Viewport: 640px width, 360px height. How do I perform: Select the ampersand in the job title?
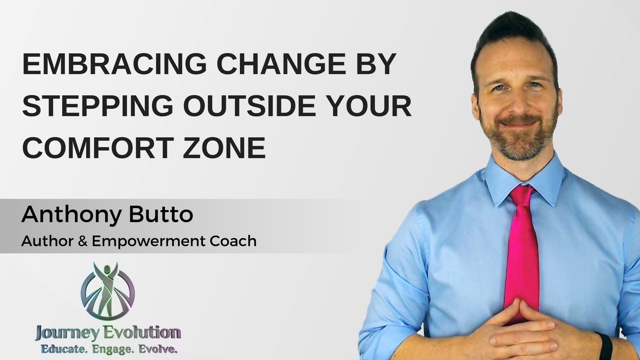click(82, 241)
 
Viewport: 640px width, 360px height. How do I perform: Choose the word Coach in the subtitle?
click(234, 241)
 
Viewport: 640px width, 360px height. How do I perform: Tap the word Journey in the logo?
click(61, 332)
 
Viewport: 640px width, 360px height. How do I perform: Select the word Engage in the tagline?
click(107, 349)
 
